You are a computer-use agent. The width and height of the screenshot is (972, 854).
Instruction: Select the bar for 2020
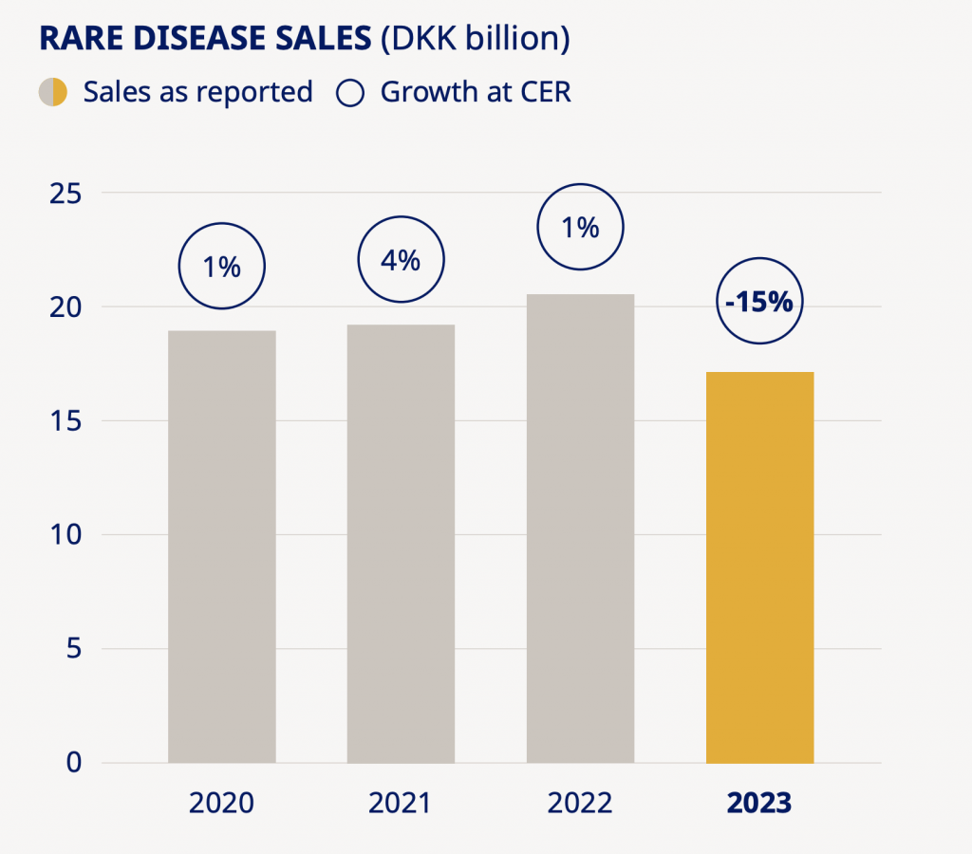222,547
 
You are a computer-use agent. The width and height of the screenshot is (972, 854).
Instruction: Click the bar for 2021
401,544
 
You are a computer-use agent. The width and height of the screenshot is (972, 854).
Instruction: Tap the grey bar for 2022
580,529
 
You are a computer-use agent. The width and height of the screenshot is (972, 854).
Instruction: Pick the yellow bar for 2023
759,567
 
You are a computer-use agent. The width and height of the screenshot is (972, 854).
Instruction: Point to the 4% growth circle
401,260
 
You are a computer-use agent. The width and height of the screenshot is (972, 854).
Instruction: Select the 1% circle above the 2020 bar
221,267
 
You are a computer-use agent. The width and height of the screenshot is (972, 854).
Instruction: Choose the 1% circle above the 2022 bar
580,227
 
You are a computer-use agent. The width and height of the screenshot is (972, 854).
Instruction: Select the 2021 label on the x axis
401,803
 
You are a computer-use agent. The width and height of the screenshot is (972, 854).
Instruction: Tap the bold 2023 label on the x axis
759,803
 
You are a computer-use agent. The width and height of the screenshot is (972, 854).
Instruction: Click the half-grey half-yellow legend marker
52,92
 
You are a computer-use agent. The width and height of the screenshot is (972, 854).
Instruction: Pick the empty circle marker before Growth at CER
351,92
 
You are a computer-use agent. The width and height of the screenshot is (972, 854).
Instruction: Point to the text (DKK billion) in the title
475,40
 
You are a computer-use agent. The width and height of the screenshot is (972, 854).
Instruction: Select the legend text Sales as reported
197,92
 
